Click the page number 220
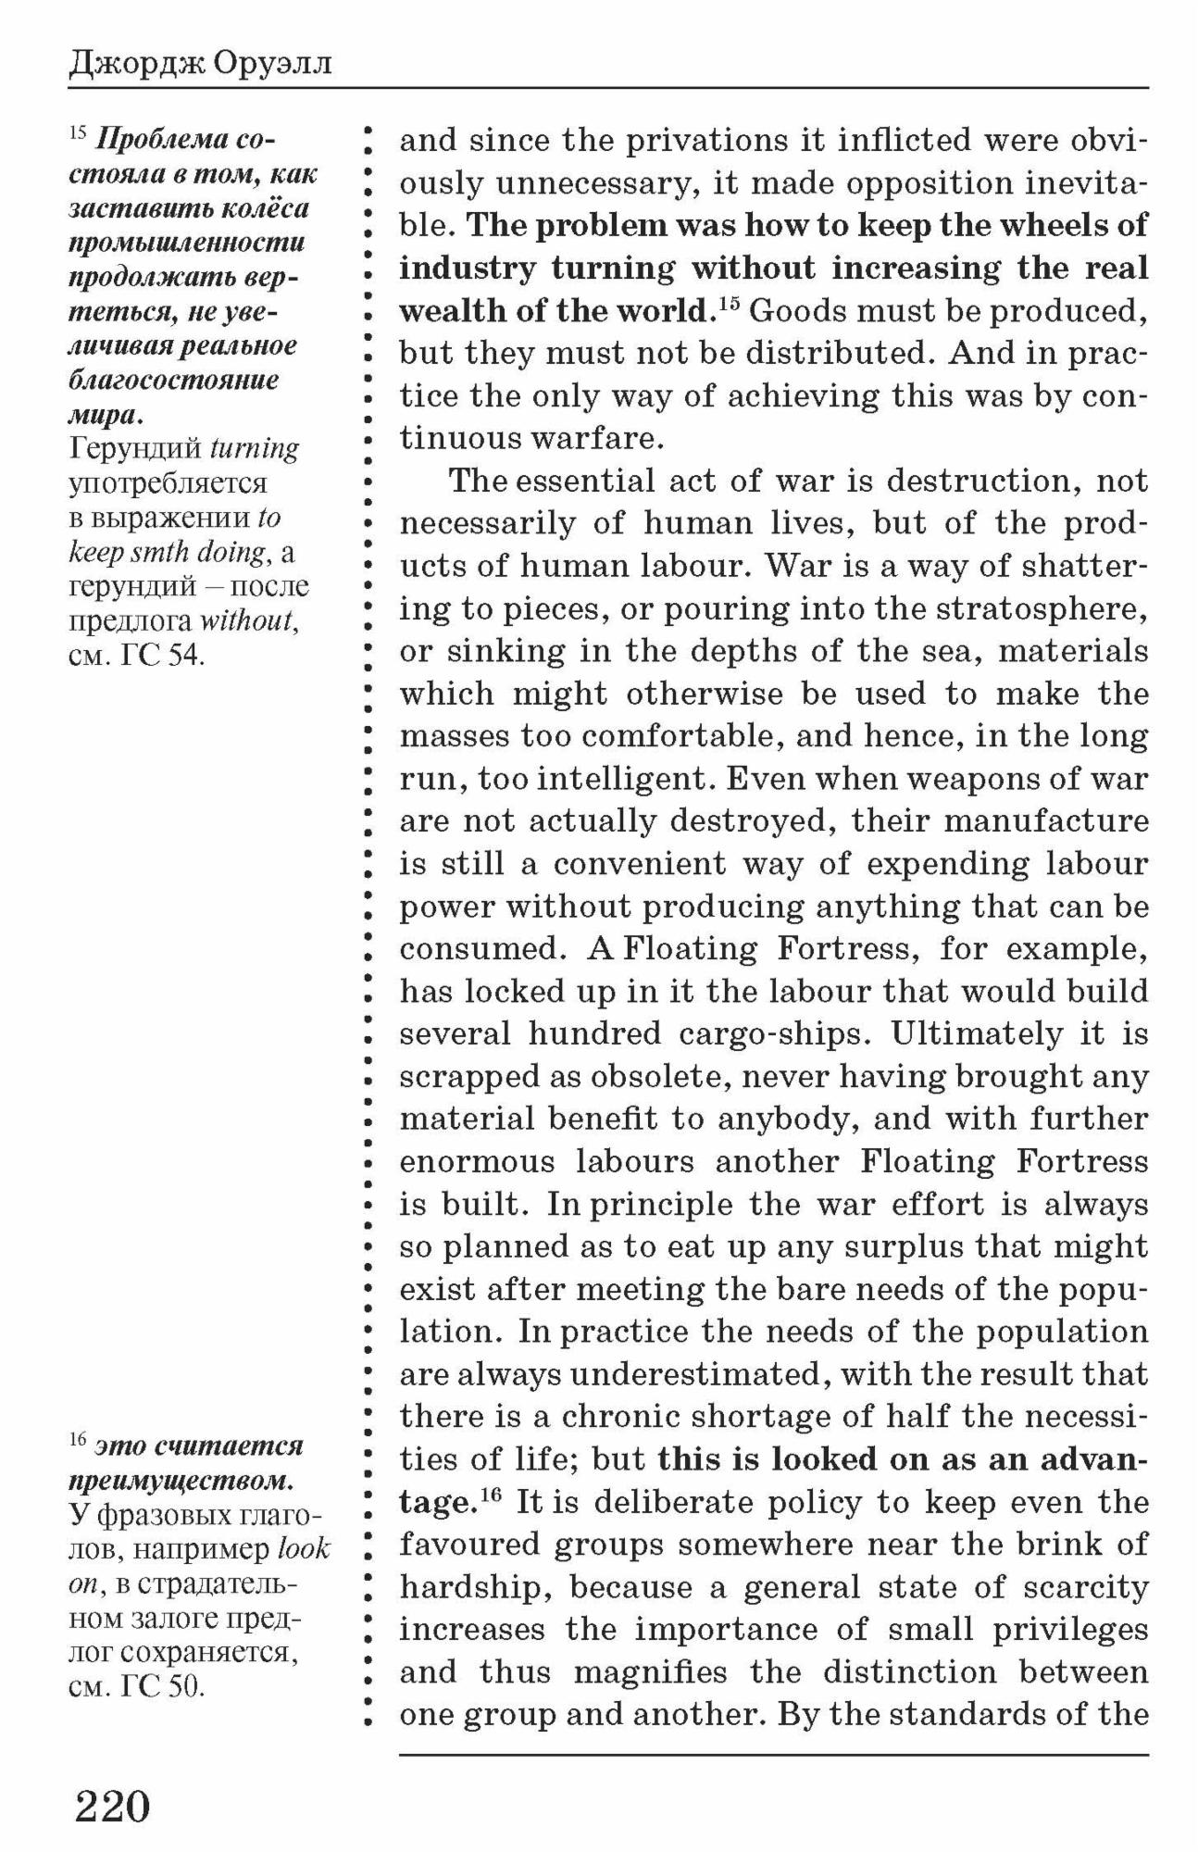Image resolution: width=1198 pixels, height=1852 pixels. click(x=112, y=1806)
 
